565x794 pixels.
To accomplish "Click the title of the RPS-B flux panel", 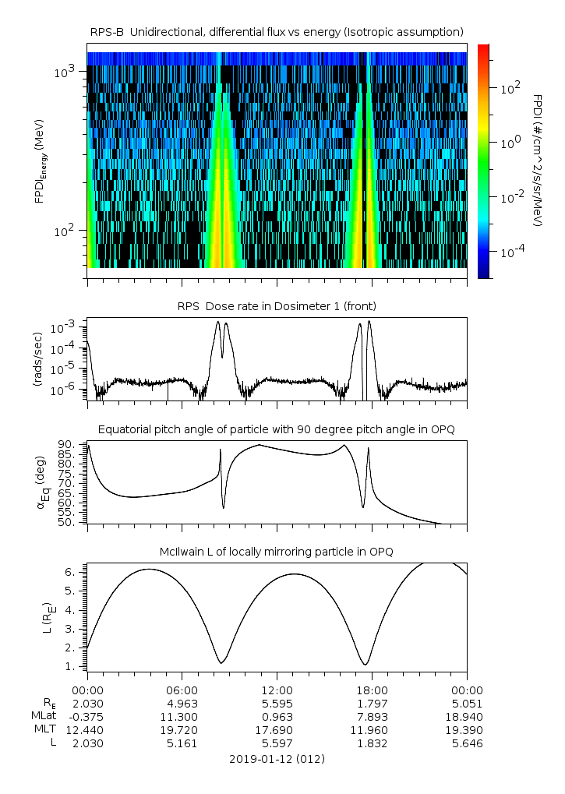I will tap(277, 31).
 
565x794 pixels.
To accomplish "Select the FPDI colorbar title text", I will tap(537, 161).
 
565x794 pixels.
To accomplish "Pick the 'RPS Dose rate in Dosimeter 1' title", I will tap(277, 305).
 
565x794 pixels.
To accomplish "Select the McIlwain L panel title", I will tap(277, 552).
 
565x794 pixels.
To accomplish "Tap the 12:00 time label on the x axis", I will tap(277, 690).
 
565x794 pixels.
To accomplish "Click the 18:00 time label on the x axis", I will tap(372, 690).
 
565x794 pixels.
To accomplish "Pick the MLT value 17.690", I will tap(277, 730).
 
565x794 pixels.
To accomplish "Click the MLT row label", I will tap(41, 730).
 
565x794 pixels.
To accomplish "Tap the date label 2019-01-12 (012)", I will tap(277, 758).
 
